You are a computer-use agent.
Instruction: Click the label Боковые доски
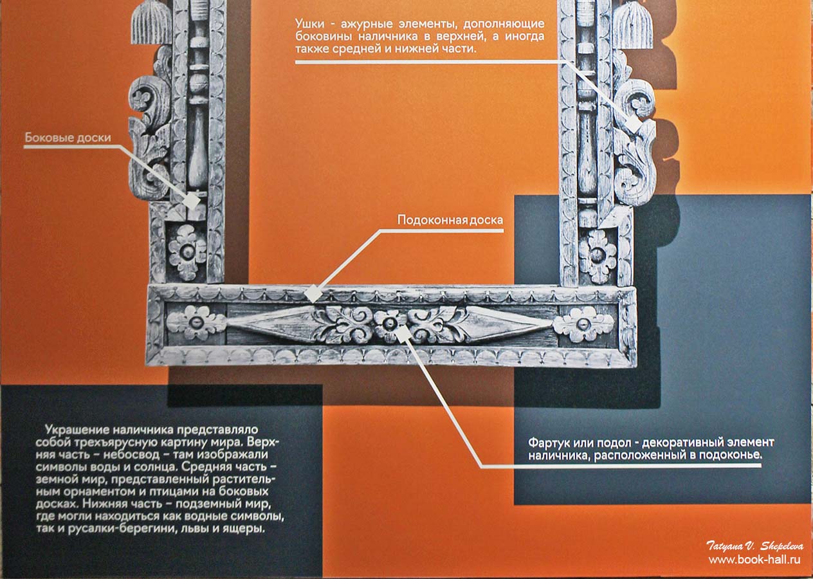[x=68, y=138]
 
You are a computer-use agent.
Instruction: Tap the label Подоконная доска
[x=450, y=220]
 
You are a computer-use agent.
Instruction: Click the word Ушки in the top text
[x=309, y=24]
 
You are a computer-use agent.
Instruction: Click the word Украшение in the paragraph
[x=77, y=430]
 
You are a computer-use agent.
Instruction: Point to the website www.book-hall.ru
[x=754, y=560]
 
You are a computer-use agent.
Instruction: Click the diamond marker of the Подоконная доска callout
[x=313, y=293]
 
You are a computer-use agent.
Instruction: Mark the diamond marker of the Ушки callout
[x=634, y=124]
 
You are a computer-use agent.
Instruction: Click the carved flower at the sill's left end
[x=196, y=323]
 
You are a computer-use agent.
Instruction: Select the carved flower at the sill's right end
[x=583, y=324]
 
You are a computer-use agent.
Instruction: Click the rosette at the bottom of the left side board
[x=187, y=252]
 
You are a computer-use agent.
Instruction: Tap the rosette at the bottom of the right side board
[x=598, y=255]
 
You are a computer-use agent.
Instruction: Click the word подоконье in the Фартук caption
[x=730, y=455]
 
